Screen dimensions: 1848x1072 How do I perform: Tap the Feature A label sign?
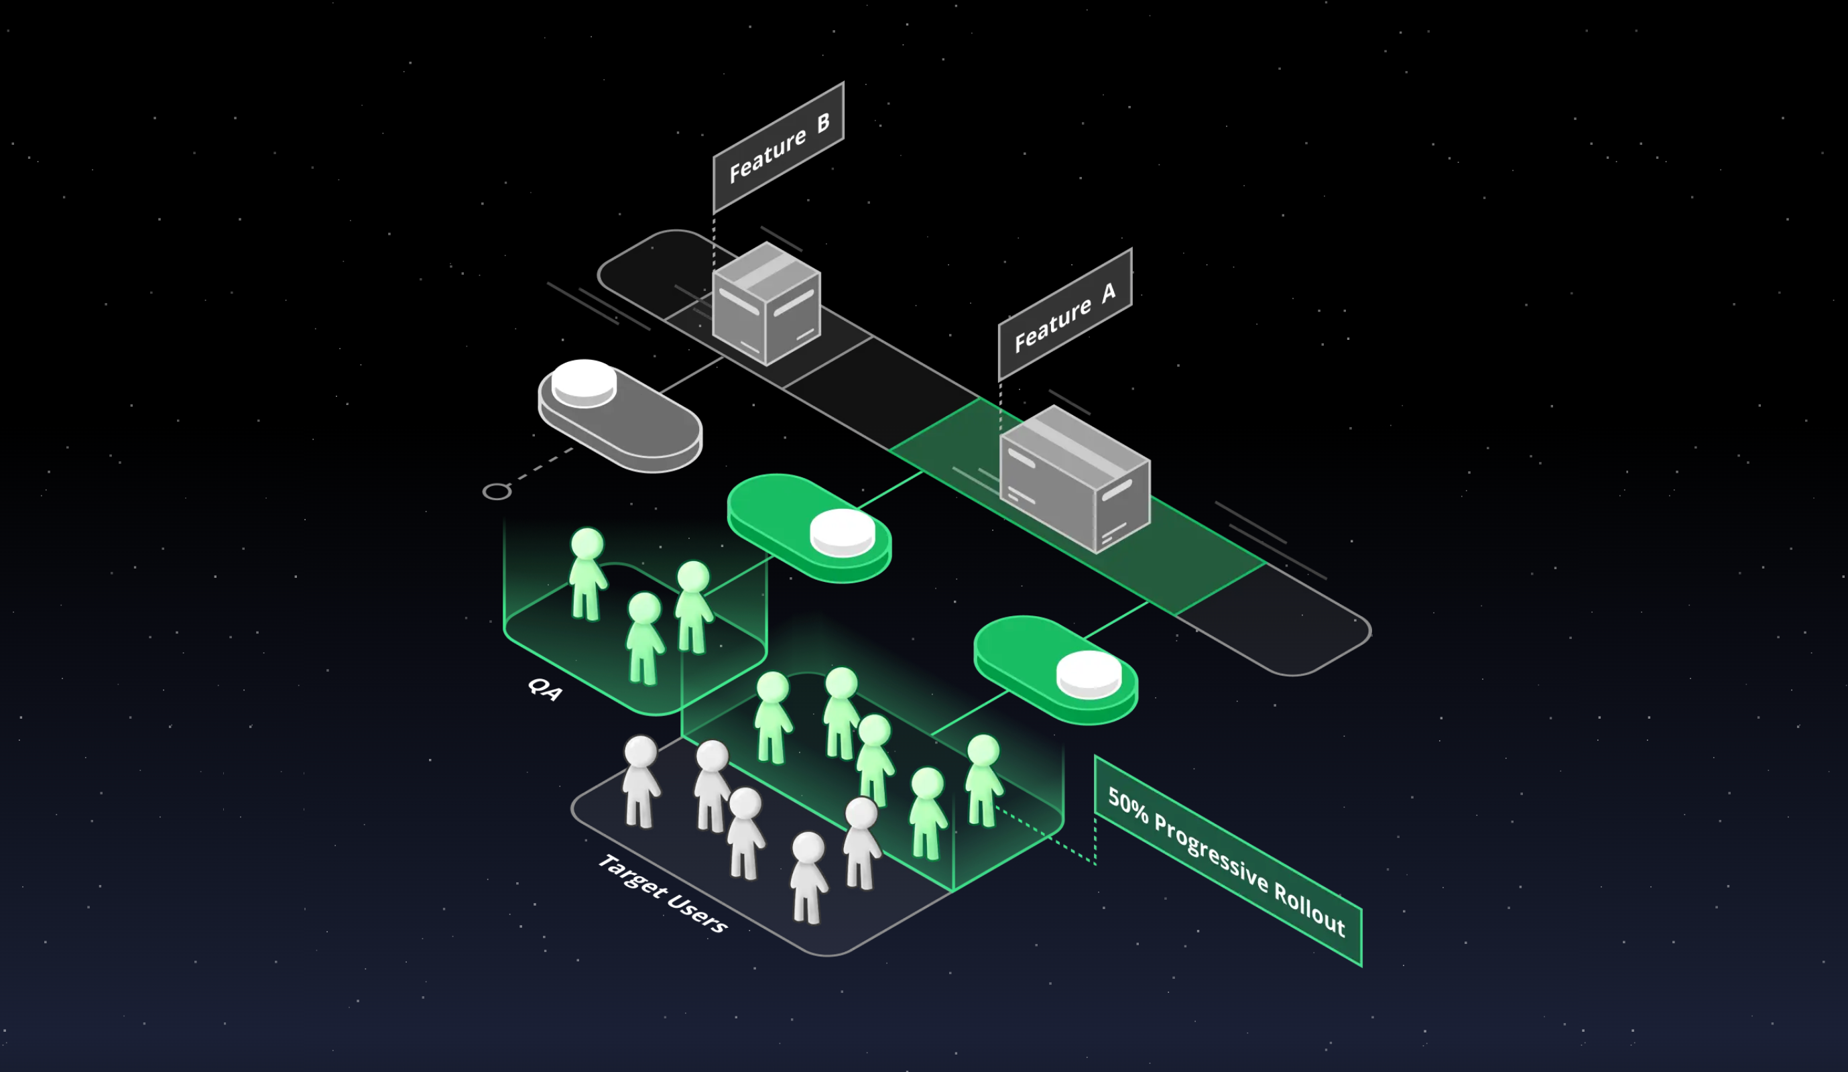point(1065,314)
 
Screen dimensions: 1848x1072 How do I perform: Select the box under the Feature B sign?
point(766,304)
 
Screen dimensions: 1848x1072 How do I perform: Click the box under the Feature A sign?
point(1075,479)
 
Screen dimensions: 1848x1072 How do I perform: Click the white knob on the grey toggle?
point(584,382)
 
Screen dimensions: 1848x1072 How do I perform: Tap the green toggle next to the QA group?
point(810,528)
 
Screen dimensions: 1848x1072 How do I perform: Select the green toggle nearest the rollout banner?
point(1056,670)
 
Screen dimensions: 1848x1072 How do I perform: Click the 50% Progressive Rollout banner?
point(1229,861)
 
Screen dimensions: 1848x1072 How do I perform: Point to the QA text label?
point(545,689)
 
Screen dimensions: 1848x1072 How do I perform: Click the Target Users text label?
point(663,893)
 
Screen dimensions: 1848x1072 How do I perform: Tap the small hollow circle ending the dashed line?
point(497,491)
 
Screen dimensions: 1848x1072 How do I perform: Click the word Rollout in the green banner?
point(1310,910)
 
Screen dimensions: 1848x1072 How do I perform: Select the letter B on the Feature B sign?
point(824,123)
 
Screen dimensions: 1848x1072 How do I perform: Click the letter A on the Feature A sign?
point(1109,292)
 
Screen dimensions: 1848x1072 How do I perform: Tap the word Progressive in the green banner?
point(1211,853)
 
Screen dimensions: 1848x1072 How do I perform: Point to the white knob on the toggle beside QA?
point(843,533)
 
